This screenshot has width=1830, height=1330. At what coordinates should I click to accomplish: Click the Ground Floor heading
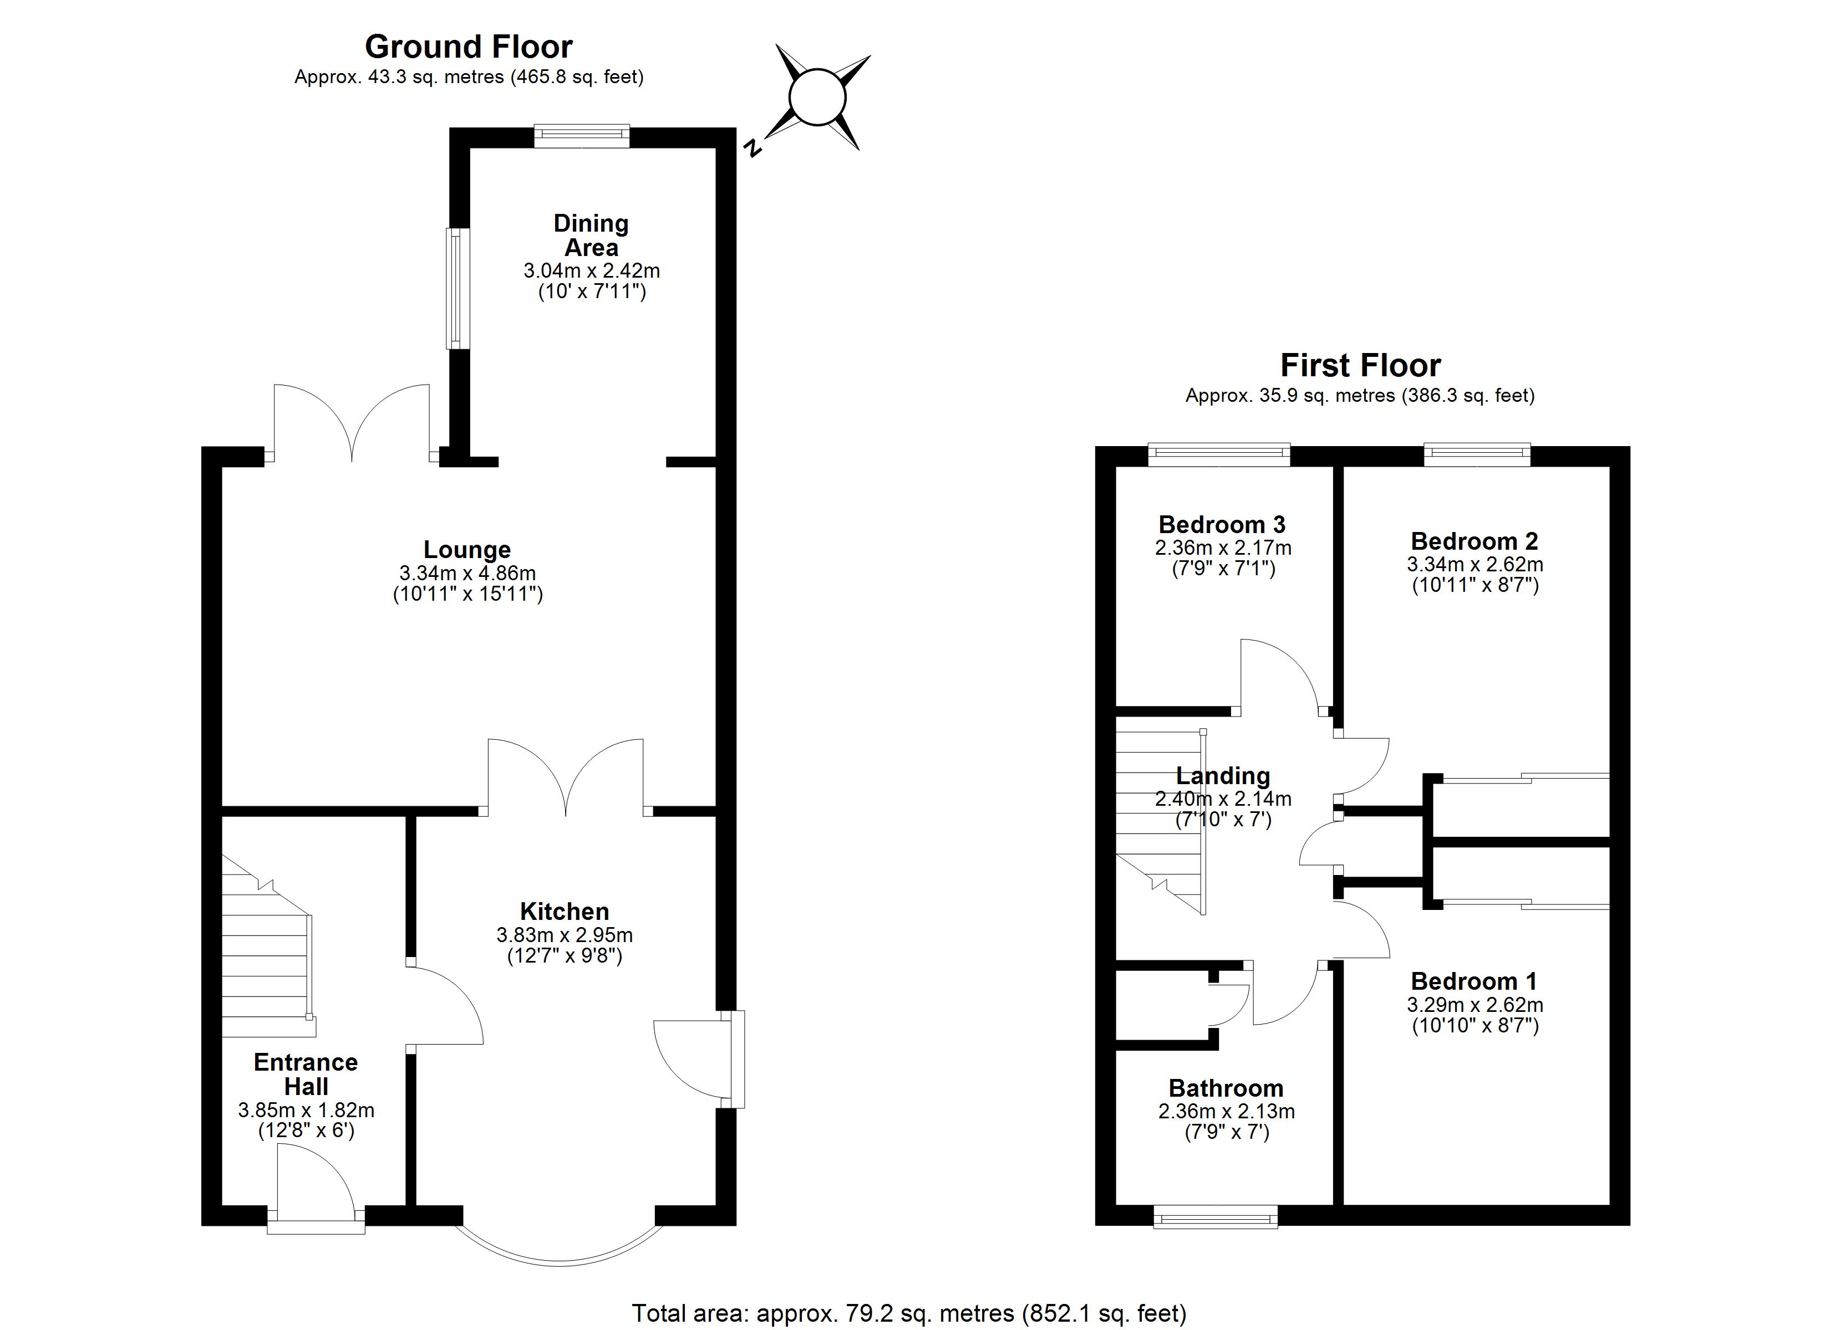469,47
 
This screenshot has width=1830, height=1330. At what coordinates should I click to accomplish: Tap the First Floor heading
1360,365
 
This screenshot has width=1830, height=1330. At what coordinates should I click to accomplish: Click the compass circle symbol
817,98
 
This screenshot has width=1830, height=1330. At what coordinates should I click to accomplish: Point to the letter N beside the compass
754,147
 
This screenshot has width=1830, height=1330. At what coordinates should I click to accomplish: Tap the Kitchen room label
564,912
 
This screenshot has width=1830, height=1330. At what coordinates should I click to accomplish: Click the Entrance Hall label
306,1073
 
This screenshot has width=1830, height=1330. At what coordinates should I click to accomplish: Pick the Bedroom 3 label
1222,524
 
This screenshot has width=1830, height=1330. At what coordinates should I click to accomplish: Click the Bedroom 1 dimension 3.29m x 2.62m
1475,1005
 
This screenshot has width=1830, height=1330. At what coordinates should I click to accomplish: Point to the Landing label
1222,776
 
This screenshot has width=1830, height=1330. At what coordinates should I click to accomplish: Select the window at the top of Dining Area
581,136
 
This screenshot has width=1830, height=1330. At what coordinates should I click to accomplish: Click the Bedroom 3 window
1219,455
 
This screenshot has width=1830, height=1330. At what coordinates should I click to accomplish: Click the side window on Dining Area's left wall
457,288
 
